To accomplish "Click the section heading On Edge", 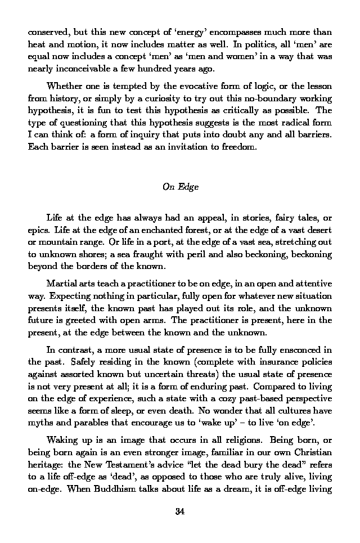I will pyautogui.click(x=180, y=187).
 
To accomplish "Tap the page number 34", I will pyautogui.click(x=180, y=511).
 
